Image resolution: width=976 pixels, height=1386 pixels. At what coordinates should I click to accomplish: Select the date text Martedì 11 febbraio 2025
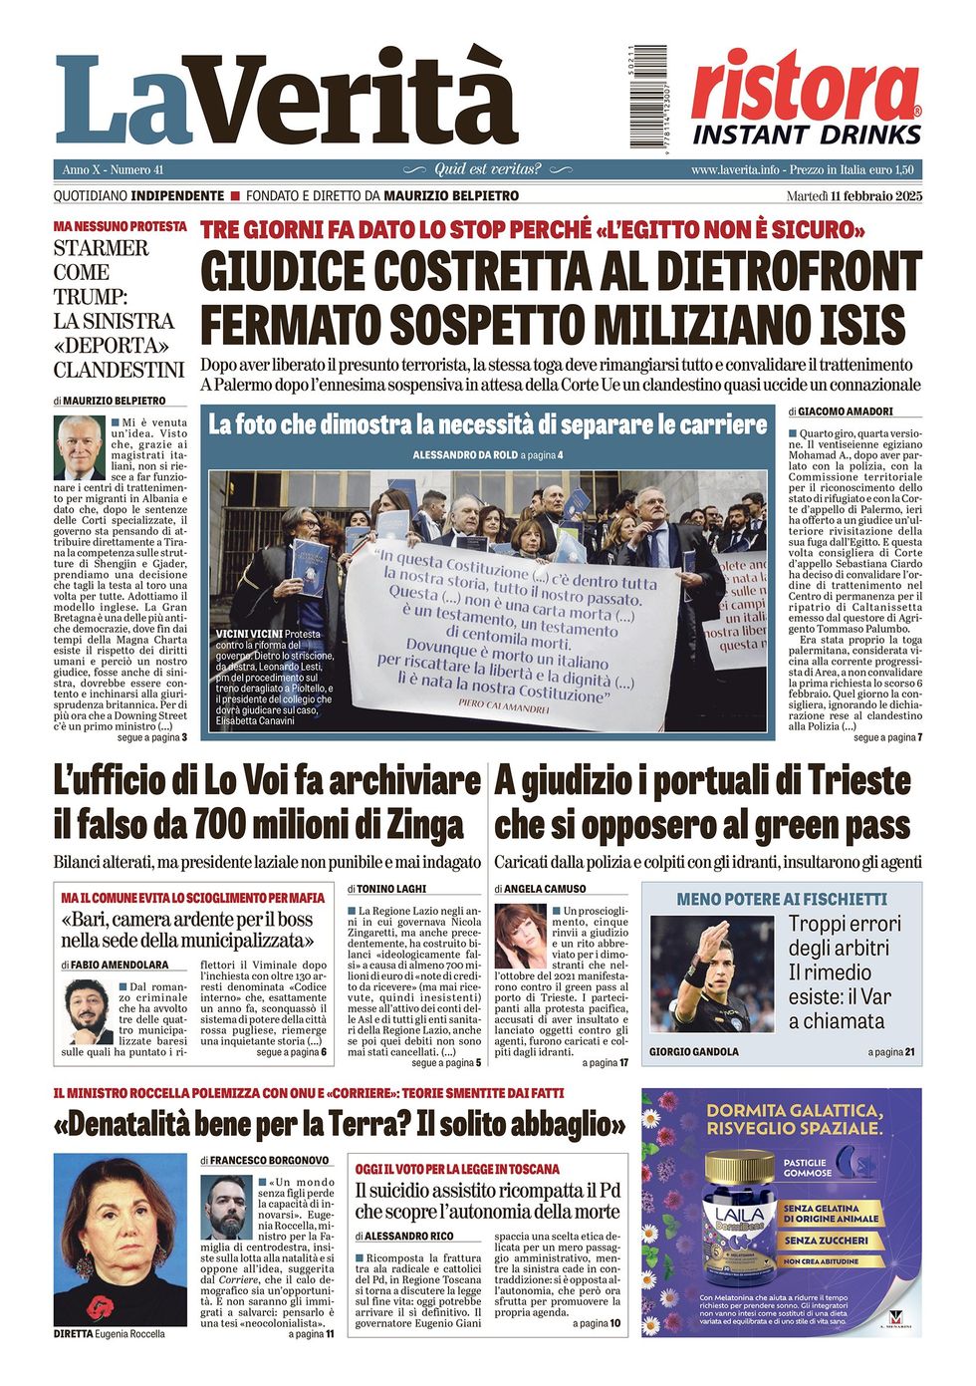click(854, 195)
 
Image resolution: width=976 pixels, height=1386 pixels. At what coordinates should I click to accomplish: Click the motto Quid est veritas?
click(488, 169)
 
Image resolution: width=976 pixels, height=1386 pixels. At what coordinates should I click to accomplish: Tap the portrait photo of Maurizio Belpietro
click(80, 447)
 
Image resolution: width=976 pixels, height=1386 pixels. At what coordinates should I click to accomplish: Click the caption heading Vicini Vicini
click(249, 634)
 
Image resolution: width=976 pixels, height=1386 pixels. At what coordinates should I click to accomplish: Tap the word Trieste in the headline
click(858, 780)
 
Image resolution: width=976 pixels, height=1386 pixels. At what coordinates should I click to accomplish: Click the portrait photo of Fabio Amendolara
click(87, 1009)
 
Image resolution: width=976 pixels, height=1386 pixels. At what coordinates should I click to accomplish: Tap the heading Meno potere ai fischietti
click(781, 899)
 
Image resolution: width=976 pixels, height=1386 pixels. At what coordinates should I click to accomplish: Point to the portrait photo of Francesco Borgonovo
click(226, 1207)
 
